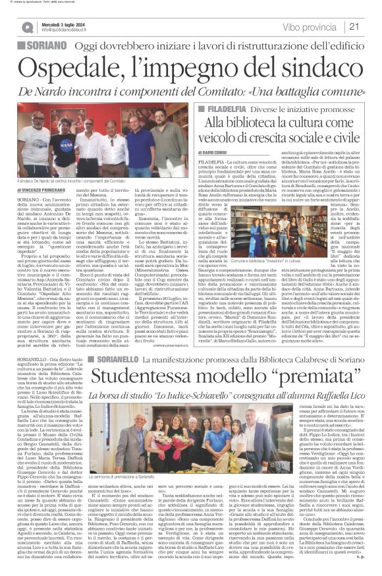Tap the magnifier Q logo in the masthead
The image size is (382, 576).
click(28, 28)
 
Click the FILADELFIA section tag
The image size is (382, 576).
click(243, 107)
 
